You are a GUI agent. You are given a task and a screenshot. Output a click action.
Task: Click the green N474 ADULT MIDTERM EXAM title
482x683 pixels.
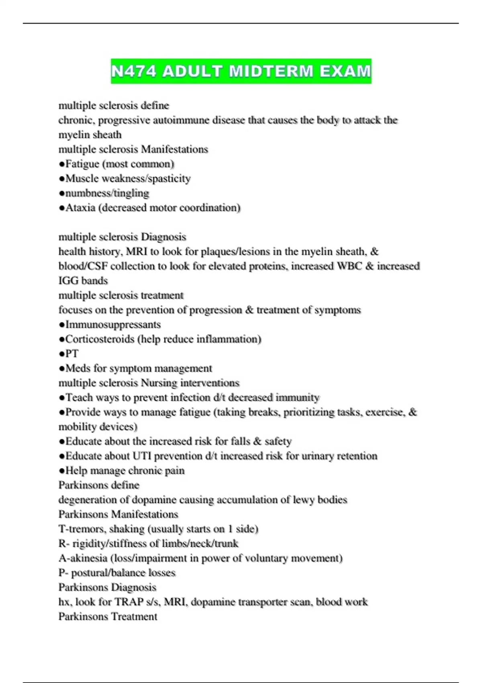pos(241,71)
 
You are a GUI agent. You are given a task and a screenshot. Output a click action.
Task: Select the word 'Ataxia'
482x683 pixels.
pos(80,208)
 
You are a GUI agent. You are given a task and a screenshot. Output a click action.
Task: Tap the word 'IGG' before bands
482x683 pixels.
pos(69,281)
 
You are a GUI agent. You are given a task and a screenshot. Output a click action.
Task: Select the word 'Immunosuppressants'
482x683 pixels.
pos(113,325)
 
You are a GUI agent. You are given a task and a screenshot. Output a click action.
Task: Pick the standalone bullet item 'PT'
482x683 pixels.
pos(71,354)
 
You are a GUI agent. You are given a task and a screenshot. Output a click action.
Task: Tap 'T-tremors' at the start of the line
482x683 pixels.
pos(82,529)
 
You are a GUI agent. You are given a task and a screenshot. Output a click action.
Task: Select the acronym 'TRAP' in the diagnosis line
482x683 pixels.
pos(129,602)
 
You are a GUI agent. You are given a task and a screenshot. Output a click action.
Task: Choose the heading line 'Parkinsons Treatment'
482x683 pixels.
pos(108,617)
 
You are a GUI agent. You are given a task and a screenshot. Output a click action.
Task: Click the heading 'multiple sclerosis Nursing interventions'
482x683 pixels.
pos(149,383)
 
